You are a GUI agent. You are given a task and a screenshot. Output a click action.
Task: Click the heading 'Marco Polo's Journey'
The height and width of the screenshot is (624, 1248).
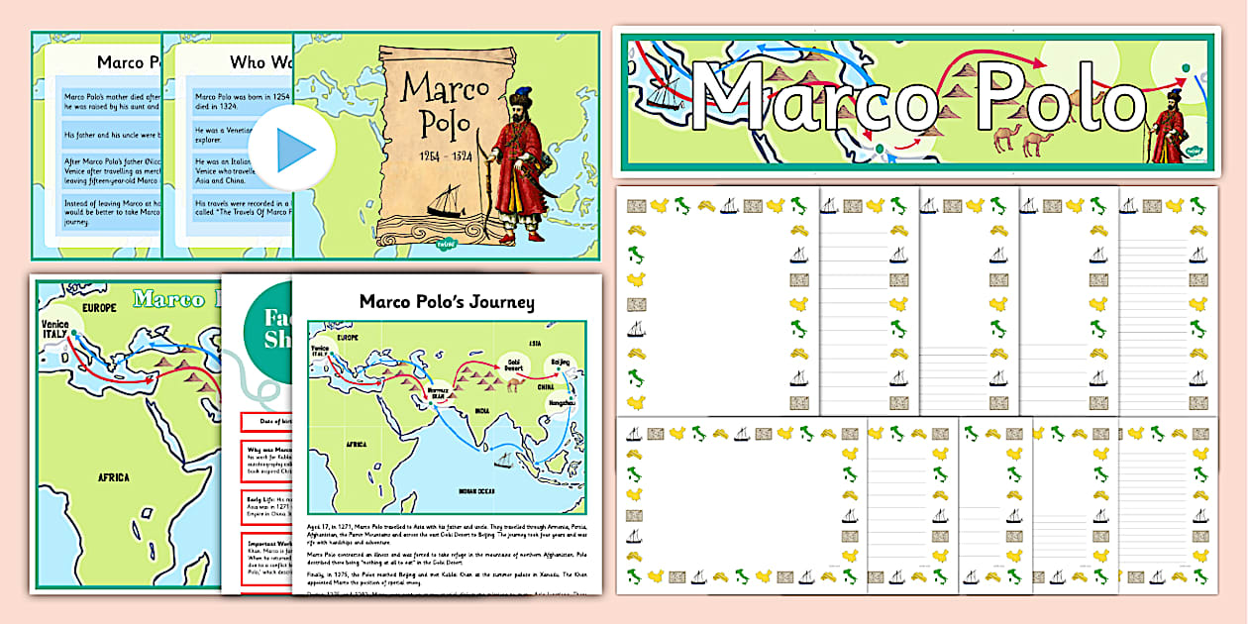(447, 301)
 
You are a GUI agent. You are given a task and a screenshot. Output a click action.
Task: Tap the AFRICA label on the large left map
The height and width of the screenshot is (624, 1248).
(113, 477)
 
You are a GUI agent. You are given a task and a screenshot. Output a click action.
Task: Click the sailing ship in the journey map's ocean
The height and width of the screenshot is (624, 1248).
(503, 460)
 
